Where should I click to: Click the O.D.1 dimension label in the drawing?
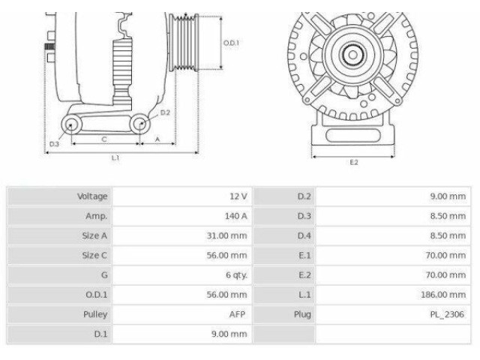pos(232,43)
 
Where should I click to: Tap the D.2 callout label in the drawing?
pos(166,112)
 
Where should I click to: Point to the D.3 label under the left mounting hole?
pos(54,143)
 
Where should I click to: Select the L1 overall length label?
pos(115,158)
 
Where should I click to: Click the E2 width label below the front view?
pos(353,163)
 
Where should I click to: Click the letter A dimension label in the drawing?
pos(157,139)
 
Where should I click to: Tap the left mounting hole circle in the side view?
pos(72,124)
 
